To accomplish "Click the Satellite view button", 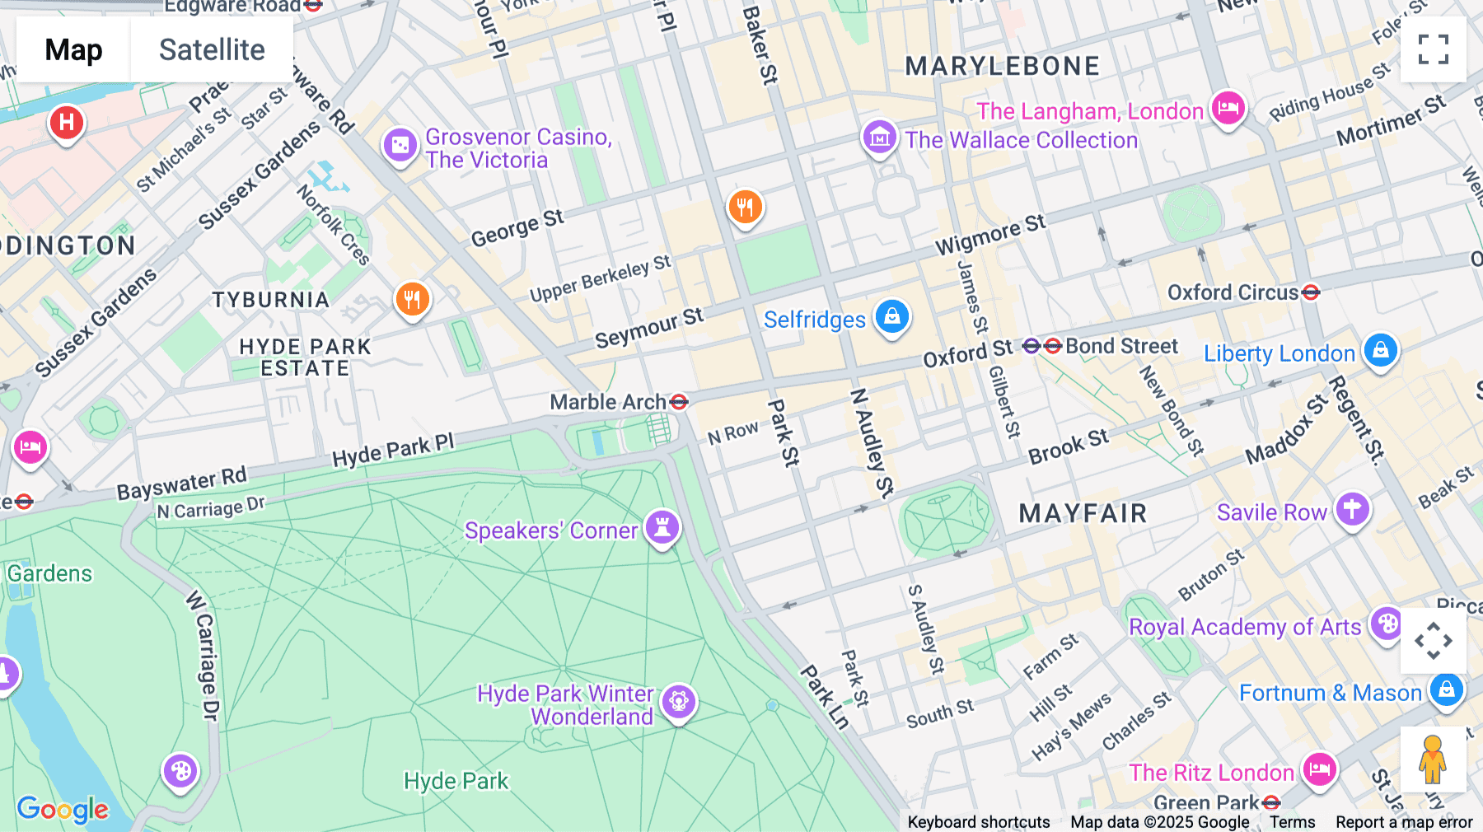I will (x=212, y=49).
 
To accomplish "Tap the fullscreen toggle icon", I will (x=1433, y=49).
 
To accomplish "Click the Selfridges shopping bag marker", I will (x=891, y=316).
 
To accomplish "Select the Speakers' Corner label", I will (x=550, y=531).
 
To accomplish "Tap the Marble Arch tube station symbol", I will (x=679, y=402).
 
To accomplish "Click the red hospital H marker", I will (x=67, y=123).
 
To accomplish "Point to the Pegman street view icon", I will (x=1433, y=759).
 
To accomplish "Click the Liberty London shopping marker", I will (x=1381, y=350).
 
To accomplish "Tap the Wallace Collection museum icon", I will (x=879, y=138).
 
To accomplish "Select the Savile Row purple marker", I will (x=1352, y=510).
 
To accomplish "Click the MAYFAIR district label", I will (x=1083, y=513).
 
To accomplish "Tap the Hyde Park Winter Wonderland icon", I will (x=679, y=702).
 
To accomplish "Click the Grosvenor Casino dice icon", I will (x=400, y=146).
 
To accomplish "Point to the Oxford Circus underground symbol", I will (x=1311, y=292).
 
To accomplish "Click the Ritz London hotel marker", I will (x=1319, y=770).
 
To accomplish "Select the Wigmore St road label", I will (x=989, y=234).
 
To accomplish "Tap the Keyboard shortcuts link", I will (x=978, y=822).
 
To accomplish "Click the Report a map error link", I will (x=1403, y=822).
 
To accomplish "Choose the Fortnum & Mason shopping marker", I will (x=1447, y=689).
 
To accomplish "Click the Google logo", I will (x=63, y=810).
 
